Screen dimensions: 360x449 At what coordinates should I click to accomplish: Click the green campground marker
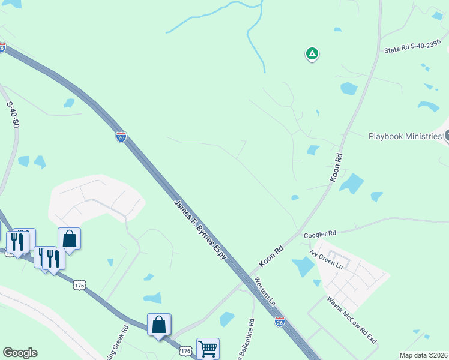click(312, 54)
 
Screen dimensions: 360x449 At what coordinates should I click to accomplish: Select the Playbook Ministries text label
click(405, 136)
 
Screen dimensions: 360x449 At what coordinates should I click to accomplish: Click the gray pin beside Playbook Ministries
click(447, 136)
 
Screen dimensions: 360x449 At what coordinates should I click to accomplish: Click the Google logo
click(20, 353)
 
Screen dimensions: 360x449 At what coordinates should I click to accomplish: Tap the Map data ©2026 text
click(423, 355)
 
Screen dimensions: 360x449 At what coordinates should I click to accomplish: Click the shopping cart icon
click(208, 349)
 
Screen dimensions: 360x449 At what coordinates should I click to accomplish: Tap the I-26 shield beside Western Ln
click(279, 322)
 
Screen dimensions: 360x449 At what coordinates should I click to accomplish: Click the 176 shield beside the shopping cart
click(186, 350)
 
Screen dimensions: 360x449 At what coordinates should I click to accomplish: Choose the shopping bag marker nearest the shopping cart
click(159, 325)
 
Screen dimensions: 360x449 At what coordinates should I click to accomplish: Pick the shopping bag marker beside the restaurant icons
click(70, 239)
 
